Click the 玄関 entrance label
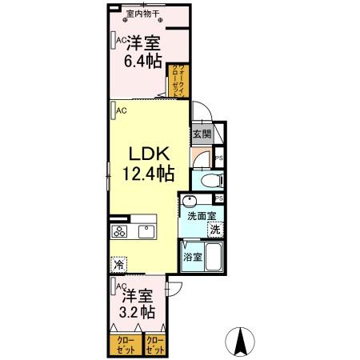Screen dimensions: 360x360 coord(200,134)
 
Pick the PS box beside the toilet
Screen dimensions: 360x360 coord(218,159)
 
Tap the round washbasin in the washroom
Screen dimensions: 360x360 coord(190,200)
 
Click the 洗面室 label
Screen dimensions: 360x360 coord(201,216)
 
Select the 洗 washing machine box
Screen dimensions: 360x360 coord(214,230)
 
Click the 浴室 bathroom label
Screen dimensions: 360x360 coord(192,258)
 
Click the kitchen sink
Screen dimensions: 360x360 coord(147,232)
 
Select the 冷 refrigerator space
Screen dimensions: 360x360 coord(118,262)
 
